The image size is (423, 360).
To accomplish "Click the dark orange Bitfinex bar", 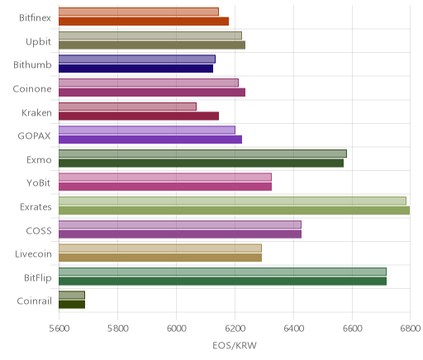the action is tap(144, 21).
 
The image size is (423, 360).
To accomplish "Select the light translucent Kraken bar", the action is tap(127, 107).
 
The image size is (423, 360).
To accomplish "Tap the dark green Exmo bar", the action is tap(201, 163).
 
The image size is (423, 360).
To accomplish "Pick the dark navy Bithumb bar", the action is tap(135, 69).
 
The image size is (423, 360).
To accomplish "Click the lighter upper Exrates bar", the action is tap(232, 201).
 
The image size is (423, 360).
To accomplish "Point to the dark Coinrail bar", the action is tap(72, 305).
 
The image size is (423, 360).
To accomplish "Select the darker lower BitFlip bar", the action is tap(222, 281).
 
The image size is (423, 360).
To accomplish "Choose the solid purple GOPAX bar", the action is tap(150, 140).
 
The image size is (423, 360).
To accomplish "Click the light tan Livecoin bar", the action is tap(160, 249).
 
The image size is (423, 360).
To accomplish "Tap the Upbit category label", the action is tap(38, 42).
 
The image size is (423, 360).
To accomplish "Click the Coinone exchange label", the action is tap(32, 89).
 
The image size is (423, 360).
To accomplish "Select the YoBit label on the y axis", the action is tap(39, 183).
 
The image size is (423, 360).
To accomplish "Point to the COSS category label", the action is tap(39, 230).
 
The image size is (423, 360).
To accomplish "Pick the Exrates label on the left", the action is tap(36, 206).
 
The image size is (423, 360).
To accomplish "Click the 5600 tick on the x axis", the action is tap(59, 329).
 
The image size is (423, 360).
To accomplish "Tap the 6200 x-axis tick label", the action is tap(235, 329).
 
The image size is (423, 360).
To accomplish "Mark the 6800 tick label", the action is tap(411, 329).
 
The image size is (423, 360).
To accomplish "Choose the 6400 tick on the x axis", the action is tap(293, 329).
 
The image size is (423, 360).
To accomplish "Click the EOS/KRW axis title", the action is tap(235, 345).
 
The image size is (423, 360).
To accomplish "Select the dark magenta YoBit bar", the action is tap(165, 187).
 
